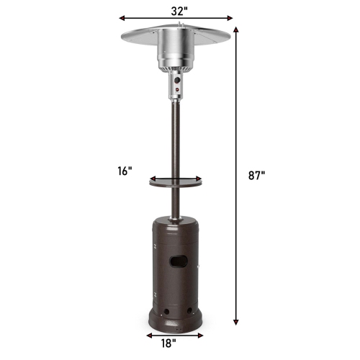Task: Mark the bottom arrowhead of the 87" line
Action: click(237, 325)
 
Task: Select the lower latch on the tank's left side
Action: click(154, 295)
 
